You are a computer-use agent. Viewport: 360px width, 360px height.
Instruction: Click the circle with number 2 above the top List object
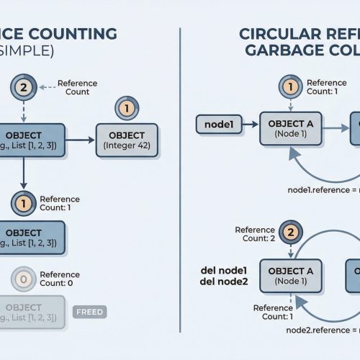click(x=22, y=89)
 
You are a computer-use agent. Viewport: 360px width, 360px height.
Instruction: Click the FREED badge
click(x=90, y=312)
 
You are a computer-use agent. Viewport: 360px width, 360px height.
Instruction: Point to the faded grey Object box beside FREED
click(x=29, y=312)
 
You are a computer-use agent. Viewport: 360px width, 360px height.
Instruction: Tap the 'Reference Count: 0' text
click(x=60, y=279)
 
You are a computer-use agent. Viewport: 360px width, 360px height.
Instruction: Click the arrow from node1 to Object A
click(x=249, y=125)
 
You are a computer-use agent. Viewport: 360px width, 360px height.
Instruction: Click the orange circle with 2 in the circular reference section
click(x=289, y=232)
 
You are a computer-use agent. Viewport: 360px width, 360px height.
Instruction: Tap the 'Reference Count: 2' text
click(x=255, y=233)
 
